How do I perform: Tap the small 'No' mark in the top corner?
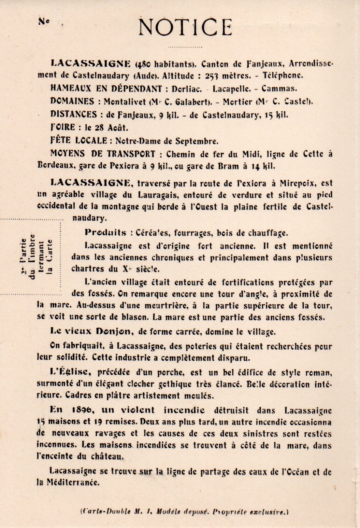pos(44,21)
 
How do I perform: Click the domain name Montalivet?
pos(125,102)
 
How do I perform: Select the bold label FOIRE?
pos(63,127)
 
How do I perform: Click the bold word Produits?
pos(105,232)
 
